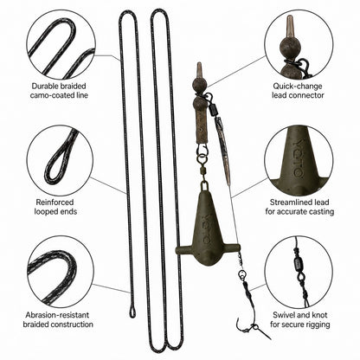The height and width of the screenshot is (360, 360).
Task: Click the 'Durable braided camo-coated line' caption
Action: click(59, 91)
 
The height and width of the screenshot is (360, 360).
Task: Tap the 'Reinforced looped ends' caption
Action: click(55, 207)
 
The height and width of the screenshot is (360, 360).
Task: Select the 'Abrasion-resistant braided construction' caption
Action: click(58, 319)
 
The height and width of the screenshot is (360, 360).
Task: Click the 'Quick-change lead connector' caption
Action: click(298, 91)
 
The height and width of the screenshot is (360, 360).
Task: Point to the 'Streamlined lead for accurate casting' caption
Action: click(299, 207)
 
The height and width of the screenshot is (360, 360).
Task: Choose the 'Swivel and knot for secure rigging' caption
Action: click(300, 319)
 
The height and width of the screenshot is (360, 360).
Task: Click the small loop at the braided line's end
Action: click(132, 312)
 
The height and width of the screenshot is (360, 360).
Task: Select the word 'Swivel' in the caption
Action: click(284, 315)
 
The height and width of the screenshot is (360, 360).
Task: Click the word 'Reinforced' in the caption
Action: click(55, 202)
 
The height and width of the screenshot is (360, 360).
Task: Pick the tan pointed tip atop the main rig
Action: click(199, 70)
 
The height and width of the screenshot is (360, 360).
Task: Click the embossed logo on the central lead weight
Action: click(207, 228)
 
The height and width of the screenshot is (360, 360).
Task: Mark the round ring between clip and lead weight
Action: click(202, 158)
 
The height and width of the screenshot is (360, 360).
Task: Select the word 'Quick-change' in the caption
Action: click(298, 87)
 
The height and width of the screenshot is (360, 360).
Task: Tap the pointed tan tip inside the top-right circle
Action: click(290, 26)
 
